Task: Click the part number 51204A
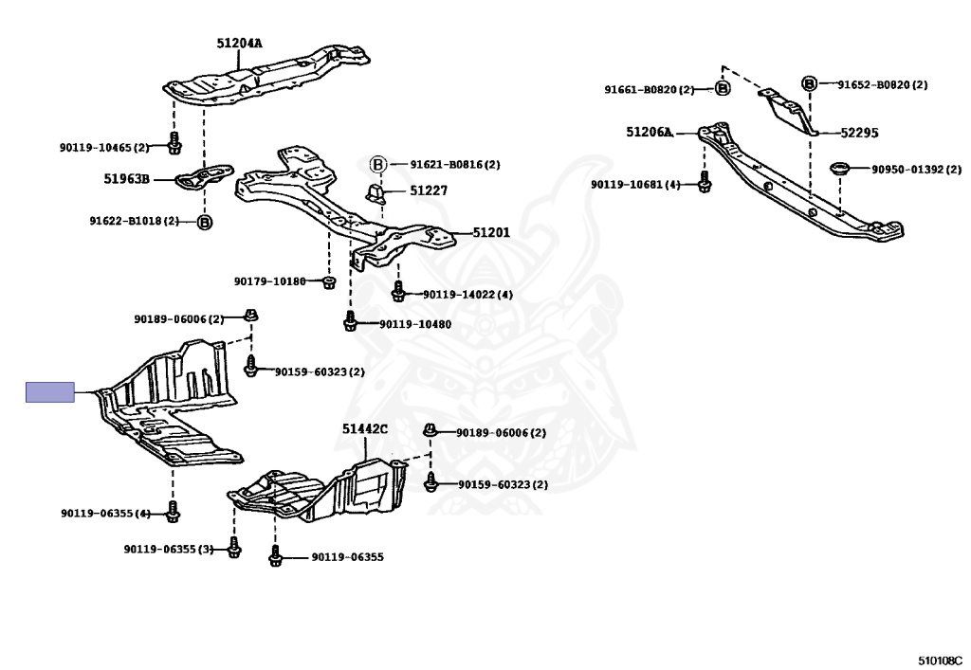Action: [x=239, y=44]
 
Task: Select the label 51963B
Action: [x=126, y=179]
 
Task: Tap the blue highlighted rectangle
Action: [x=50, y=392]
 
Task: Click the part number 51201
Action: [x=491, y=232]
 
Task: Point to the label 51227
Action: [x=429, y=190]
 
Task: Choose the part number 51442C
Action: [x=365, y=428]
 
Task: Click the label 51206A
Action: [x=649, y=132]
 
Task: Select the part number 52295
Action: [x=859, y=133]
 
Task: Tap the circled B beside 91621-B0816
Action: [x=377, y=165]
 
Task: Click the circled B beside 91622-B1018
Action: [x=205, y=222]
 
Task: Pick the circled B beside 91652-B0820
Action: [x=809, y=83]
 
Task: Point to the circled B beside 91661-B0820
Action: [x=722, y=88]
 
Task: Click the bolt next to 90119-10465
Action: [x=174, y=143]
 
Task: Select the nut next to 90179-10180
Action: [x=329, y=282]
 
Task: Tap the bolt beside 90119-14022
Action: [x=398, y=291]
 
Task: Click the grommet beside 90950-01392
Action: [x=840, y=169]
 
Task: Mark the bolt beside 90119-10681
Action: [x=705, y=181]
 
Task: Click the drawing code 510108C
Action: [x=940, y=661]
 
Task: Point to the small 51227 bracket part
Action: [x=376, y=193]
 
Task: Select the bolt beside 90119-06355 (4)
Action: [x=173, y=511]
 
